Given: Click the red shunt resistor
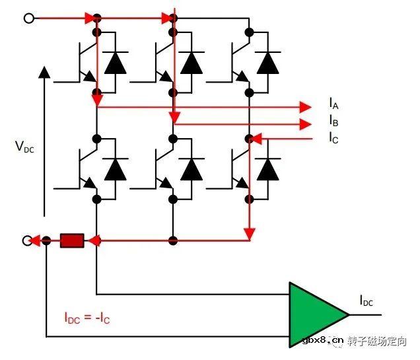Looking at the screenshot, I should (x=72, y=240).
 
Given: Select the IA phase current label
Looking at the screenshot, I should (x=333, y=104).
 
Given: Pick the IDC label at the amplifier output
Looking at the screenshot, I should (x=366, y=302).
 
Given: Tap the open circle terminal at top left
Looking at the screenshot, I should (x=29, y=18).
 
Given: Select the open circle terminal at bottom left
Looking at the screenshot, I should (x=29, y=240).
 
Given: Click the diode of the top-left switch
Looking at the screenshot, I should (x=116, y=63).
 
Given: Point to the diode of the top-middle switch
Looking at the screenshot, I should (x=192, y=63).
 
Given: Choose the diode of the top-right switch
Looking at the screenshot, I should (x=267, y=63).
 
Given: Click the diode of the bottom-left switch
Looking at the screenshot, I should (x=116, y=170).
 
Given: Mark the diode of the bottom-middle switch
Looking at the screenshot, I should (x=192, y=170).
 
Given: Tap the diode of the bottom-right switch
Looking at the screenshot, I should (x=267, y=170).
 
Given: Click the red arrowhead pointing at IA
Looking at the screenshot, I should (x=305, y=107).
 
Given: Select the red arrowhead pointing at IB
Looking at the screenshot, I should (x=305, y=124).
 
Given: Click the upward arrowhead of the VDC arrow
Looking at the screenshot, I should (x=44, y=71).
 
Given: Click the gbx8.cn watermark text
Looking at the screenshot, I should (x=323, y=342).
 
